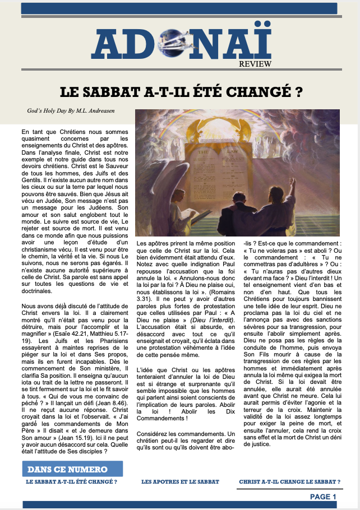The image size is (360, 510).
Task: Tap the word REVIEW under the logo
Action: point(255,64)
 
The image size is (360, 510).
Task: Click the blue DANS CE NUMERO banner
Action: point(72,469)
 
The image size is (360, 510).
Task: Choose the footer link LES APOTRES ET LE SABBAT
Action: point(180,481)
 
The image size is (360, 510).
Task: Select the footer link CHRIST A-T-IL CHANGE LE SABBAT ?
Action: point(289,481)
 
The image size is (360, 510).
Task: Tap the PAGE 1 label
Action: point(323,497)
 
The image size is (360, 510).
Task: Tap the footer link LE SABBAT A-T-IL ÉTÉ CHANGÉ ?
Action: point(72,481)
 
